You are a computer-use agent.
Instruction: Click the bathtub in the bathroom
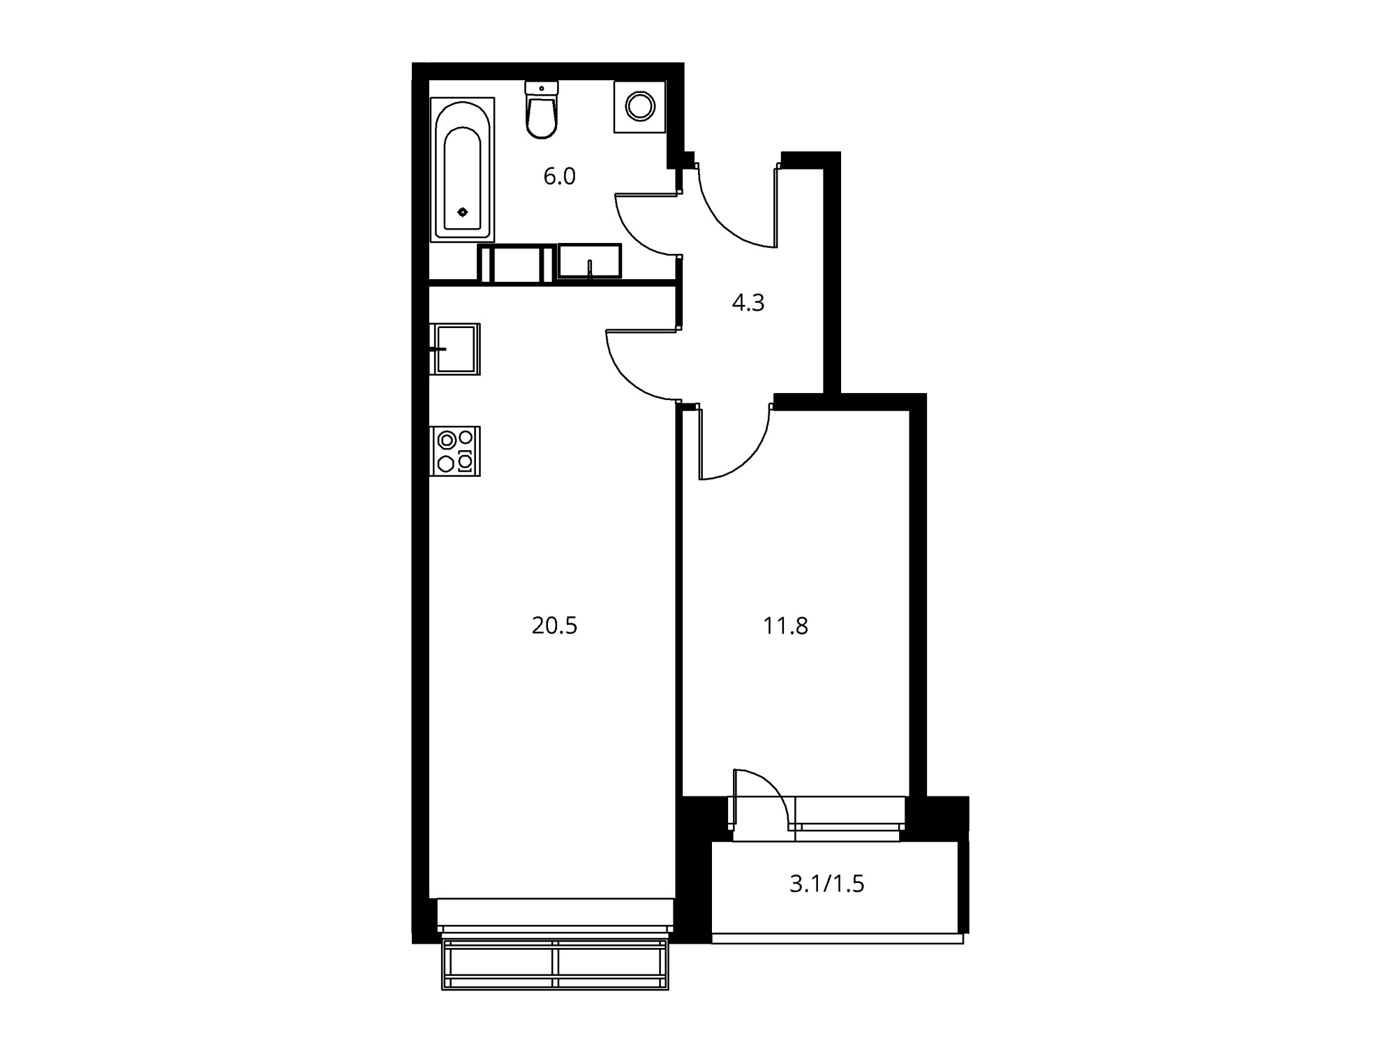(x=463, y=170)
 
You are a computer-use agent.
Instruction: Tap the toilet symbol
(x=542, y=110)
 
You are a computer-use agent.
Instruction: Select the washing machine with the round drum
(x=639, y=107)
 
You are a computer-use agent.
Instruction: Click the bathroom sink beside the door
(x=590, y=261)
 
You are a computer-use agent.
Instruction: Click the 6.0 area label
(x=559, y=177)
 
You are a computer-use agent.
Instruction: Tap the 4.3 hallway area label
(x=748, y=303)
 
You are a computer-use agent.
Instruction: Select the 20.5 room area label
(x=555, y=626)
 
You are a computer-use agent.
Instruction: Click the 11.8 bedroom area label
(x=786, y=626)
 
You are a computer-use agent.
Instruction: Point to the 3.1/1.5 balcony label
(x=827, y=884)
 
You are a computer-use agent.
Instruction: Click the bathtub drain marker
(x=462, y=212)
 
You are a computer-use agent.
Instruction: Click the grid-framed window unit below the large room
(x=555, y=964)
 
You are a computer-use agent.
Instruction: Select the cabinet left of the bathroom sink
(x=517, y=263)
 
